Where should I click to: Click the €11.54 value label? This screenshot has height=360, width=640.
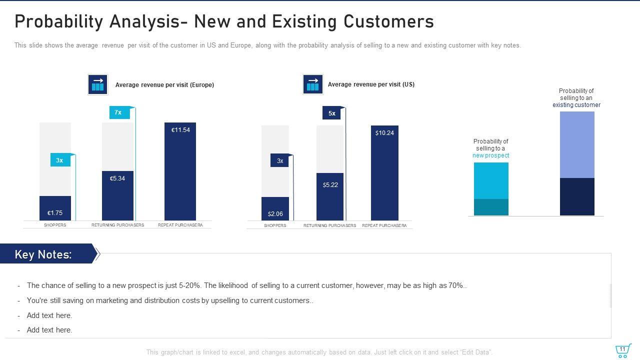click(x=180, y=130)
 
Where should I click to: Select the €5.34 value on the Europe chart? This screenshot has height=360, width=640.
click(x=117, y=178)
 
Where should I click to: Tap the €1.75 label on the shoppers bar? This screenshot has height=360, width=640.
click(x=55, y=213)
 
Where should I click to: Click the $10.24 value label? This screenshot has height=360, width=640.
click(x=384, y=133)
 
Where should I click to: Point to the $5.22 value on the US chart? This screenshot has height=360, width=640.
click(x=330, y=185)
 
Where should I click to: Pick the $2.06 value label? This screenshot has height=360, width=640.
click(x=275, y=214)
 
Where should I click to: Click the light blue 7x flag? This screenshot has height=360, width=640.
click(x=119, y=112)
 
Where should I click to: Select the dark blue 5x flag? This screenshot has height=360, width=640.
click(x=332, y=113)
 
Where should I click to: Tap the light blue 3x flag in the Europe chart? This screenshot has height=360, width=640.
click(x=60, y=160)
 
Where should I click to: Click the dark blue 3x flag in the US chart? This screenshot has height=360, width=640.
click(x=280, y=161)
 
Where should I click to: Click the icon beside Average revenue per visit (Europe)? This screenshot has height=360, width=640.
click(x=97, y=84)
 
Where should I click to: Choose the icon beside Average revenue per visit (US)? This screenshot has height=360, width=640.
click(x=312, y=84)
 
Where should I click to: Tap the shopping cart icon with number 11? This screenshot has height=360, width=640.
click(x=622, y=350)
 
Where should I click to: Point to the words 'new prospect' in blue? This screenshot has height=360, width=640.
click(x=490, y=155)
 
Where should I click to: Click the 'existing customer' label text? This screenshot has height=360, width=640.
click(x=576, y=105)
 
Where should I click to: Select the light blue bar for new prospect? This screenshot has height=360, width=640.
click(x=491, y=180)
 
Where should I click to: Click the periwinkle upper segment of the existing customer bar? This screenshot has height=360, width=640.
click(x=577, y=144)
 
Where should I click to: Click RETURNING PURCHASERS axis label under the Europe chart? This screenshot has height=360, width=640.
click(x=117, y=225)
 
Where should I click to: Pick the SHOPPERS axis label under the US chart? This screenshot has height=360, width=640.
click(x=275, y=225)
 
